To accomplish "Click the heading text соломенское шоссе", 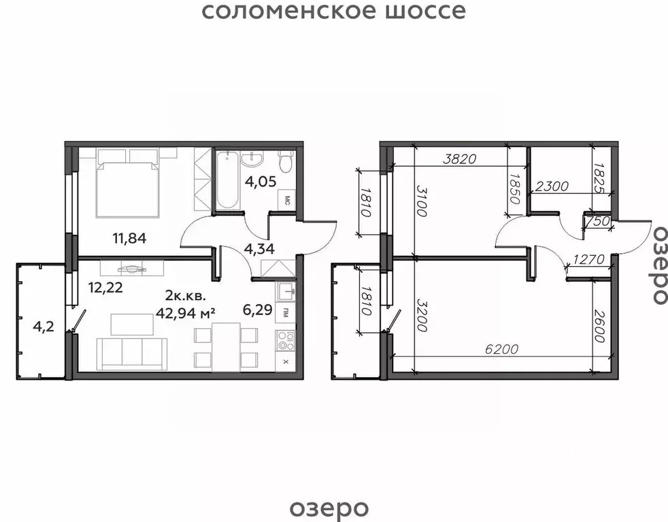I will click(334, 12).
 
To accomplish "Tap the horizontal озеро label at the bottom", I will click(329, 507).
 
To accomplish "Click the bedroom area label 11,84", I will click(129, 238).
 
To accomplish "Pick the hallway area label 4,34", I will click(259, 249).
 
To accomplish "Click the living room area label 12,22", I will click(105, 287).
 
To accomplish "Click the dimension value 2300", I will click(552, 185).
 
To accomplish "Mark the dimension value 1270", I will click(590, 259).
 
